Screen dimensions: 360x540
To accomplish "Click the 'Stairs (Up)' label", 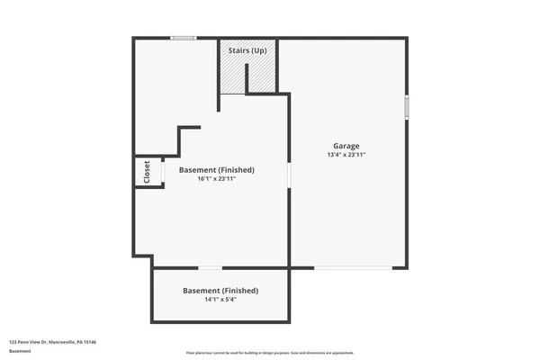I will (x=247, y=50).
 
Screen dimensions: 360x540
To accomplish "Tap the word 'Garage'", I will (x=346, y=146).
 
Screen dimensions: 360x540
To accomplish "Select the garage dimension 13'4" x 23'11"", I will (x=346, y=156).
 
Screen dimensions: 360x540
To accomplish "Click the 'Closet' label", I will (x=147, y=171).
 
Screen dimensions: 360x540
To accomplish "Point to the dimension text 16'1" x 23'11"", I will (x=216, y=179).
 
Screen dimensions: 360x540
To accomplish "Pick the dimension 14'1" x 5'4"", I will (x=220, y=300).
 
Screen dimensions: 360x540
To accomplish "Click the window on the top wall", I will (x=184, y=38).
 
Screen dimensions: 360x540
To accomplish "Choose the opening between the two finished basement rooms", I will (x=211, y=267).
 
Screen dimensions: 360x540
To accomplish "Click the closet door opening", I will (x=163, y=171).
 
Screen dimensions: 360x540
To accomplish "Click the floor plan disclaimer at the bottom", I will (x=270, y=353).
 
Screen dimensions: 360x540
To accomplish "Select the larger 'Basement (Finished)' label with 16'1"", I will (x=216, y=169).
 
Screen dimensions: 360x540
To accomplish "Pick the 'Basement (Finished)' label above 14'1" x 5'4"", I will (x=220, y=291).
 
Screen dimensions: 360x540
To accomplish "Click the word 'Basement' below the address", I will (x=19, y=351).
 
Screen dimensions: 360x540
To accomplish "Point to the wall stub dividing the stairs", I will (x=219, y=77).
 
